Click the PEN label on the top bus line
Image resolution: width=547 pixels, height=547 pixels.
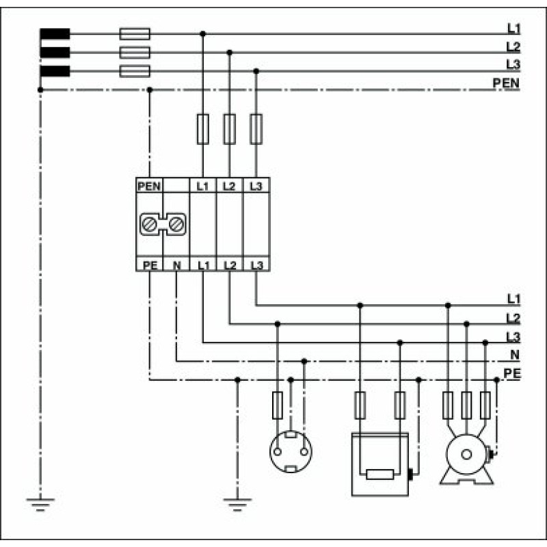point(506,83)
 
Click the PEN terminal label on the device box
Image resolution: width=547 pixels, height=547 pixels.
point(149,186)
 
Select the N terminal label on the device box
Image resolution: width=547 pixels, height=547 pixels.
point(177,265)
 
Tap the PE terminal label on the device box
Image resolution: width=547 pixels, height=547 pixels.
point(150,265)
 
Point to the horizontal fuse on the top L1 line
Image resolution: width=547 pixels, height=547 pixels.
point(135,34)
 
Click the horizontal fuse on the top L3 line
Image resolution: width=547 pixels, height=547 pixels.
point(135,71)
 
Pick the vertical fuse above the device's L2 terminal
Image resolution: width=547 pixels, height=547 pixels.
point(229,129)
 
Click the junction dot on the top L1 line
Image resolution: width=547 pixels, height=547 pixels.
point(202,34)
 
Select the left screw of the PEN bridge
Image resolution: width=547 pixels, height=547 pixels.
point(149,224)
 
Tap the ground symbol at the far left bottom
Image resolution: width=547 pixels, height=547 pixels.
point(40,505)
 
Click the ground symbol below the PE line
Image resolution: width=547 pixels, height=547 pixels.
point(237,505)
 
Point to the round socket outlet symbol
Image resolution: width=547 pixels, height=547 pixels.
point(291,452)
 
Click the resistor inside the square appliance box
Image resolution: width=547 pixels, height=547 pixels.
point(380,475)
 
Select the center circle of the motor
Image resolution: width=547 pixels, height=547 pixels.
point(466,454)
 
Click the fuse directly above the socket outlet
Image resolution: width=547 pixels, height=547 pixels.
point(278,405)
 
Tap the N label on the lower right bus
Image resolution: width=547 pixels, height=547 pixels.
point(515,355)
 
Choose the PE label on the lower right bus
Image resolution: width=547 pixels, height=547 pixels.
point(511,373)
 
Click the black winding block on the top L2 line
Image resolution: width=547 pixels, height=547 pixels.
point(55,53)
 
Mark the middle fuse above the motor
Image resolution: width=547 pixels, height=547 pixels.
point(466,405)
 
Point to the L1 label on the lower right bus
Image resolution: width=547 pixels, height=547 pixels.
point(513,299)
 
